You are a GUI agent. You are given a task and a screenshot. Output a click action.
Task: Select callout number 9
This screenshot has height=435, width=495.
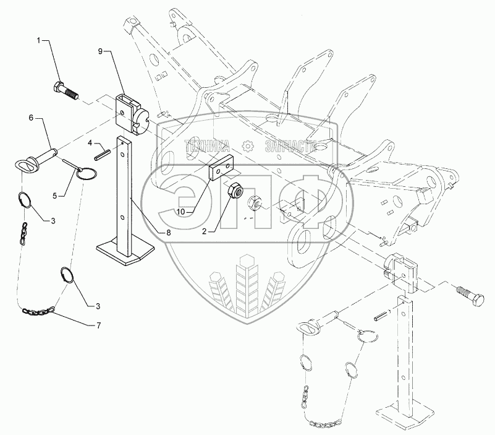tap(101, 51)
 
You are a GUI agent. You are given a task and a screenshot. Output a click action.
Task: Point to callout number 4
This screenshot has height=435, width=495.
tap(90, 143)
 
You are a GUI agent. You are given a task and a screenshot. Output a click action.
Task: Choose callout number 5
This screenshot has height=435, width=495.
tap(54, 196)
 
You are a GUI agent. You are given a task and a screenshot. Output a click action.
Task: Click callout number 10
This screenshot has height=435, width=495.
tap(180, 211)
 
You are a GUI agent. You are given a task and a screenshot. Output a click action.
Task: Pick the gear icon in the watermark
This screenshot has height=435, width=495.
tap(248, 147)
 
